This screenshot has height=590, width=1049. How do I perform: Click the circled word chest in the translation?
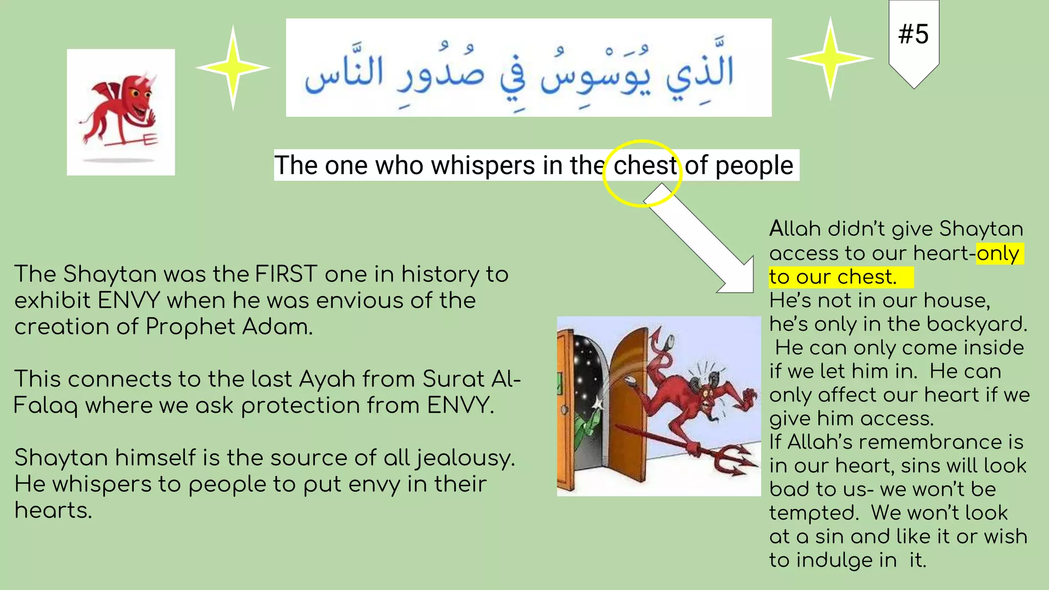pyautogui.click(x=644, y=165)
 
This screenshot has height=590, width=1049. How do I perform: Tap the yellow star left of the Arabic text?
pyautogui.click(x=233, y=68)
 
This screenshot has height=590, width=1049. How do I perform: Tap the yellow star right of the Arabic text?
pyautogui.click(x=830, y=58)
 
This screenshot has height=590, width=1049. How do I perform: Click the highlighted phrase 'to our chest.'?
pyautogui.click(x=833, y=277)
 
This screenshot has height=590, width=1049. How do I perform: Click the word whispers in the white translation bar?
pyautogui.click(x=482, y=165)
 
